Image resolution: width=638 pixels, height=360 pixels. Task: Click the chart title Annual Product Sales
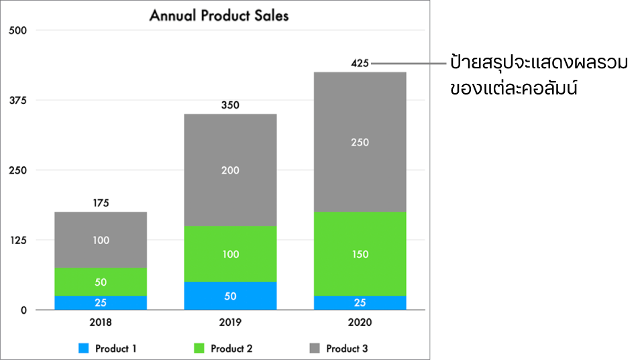click(219, 15)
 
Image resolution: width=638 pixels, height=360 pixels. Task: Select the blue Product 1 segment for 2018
click(101, 302)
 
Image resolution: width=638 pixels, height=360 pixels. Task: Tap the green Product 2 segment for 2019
click(230, 254)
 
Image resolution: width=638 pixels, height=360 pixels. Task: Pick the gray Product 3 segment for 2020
click(360, 142)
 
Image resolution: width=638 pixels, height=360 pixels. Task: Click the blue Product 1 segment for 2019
click(230, 296)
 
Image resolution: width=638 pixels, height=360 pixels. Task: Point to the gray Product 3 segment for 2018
click(101, 240)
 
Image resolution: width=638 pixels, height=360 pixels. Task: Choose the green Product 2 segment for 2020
click(360, 254)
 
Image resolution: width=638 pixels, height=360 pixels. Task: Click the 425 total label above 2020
click(360, 64)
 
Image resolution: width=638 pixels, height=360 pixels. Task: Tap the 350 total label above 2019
click(230, 105)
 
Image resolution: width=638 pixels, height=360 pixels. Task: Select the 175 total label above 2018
click(101, 203)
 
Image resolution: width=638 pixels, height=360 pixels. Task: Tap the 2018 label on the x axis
click(101, 322)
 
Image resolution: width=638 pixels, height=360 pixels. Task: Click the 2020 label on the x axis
click(360, 322)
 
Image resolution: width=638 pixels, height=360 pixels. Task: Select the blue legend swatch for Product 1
click(83, 349)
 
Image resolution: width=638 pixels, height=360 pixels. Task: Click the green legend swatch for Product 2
click(199, 349)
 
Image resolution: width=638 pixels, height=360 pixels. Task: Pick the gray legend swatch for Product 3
click(315, 349)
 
